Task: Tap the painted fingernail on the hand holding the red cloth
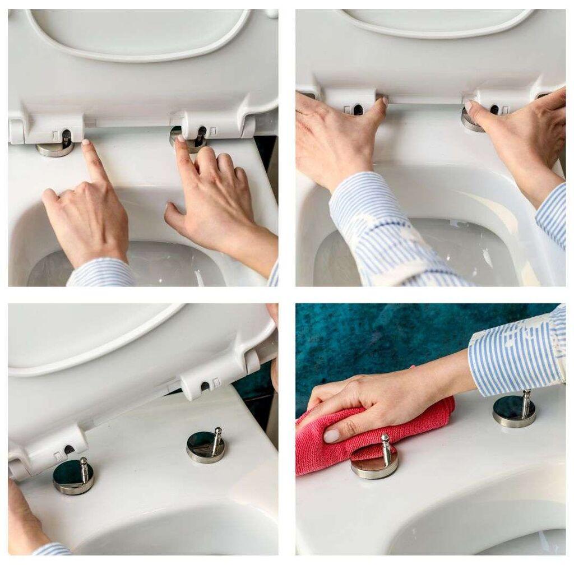coord(332,436)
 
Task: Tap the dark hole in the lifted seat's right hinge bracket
coord(205,386)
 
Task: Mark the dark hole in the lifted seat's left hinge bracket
coord(68,449)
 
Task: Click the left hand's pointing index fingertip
coord(86,145)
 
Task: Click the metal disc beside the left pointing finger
coord(54,149)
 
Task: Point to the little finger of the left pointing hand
coord(49,196)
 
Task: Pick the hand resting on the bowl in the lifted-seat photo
coord(22,516)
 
